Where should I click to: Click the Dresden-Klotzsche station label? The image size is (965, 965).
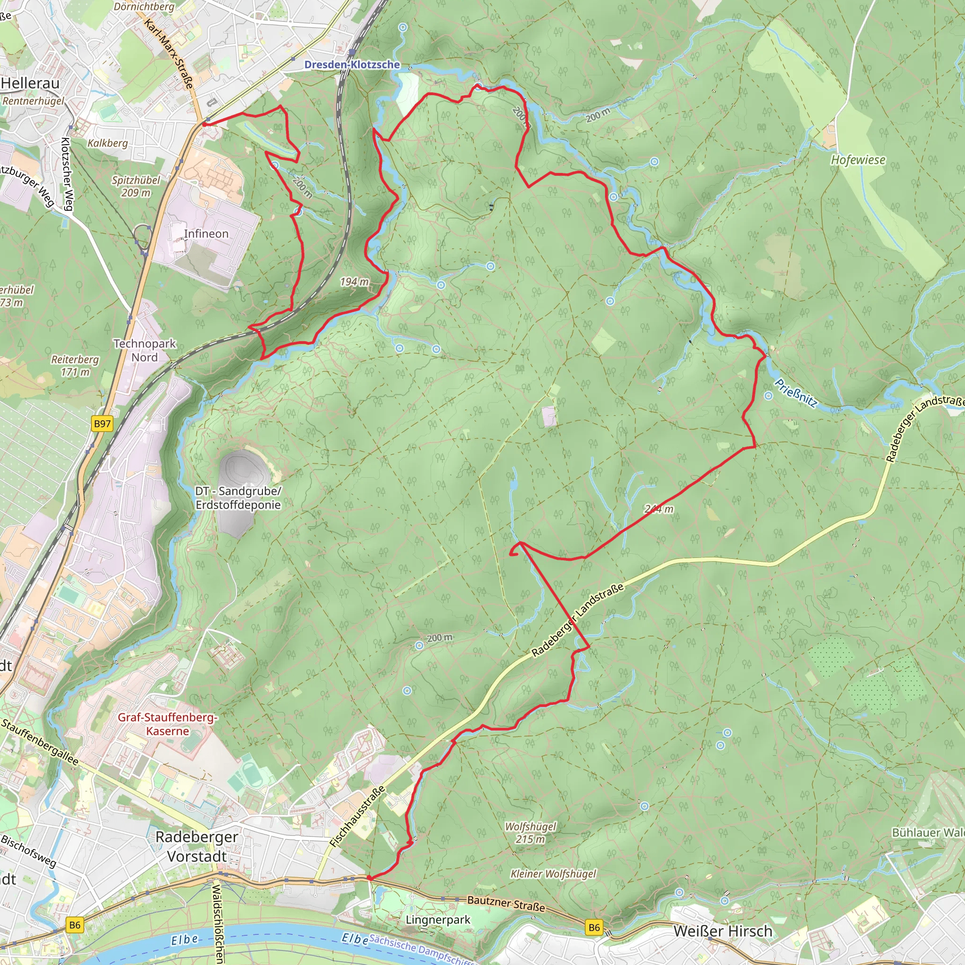click(352, 65)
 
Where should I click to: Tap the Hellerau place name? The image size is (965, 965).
click(31, 83)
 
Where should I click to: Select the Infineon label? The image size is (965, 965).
click(206, 234)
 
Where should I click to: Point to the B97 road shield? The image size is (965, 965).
click(102, 424)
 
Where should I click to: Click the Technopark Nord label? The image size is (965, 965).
click(144, 351)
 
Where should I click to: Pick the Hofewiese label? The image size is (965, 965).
click(858, 160)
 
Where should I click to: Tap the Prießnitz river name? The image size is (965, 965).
click(796, 393)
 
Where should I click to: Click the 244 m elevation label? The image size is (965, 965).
click(659, 509)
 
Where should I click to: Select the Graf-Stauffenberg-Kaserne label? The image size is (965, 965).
click(167, 724)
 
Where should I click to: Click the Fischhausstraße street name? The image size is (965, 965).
click(358, 817)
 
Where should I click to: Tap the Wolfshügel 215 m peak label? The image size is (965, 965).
click(531, 833)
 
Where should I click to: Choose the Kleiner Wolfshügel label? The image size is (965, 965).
click(554, 874)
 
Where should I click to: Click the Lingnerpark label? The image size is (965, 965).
click(438, 920)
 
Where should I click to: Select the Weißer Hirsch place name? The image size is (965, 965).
click(723, 931)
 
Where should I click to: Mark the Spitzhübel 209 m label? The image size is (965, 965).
click(136, 186)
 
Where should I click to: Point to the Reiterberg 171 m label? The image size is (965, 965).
click(75, 366)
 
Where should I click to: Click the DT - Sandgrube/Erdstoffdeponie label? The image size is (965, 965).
click(238, 498)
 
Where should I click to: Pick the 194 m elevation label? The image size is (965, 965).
click(354, 282)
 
